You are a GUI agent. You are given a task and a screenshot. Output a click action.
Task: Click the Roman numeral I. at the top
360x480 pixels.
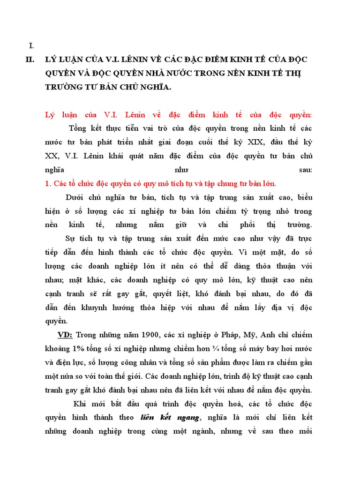[31, 45]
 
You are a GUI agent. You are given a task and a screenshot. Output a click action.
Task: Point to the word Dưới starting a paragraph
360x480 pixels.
[77, 197]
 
